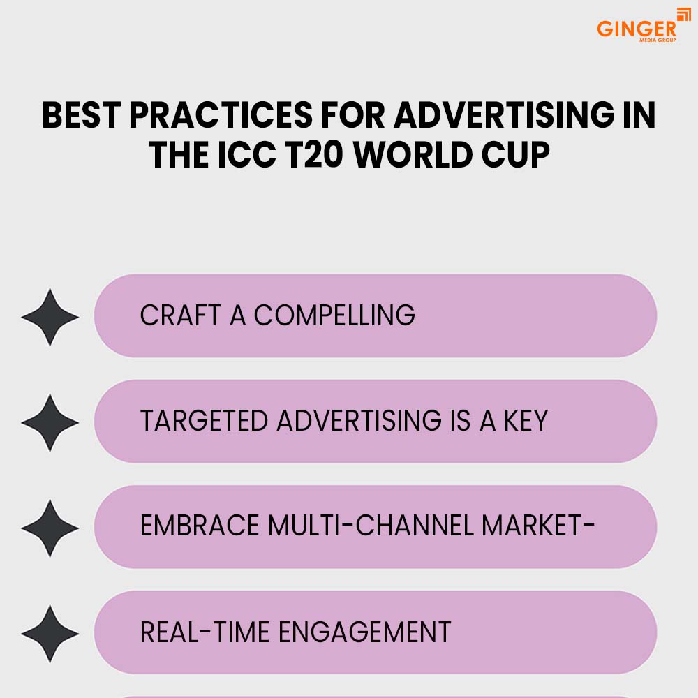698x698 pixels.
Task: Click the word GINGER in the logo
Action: [636, 29]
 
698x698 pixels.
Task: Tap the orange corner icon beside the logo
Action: [684, 14]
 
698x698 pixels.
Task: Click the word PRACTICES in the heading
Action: [221, 115]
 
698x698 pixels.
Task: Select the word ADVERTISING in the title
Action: [504, 115]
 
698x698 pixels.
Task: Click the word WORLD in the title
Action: [413, 155]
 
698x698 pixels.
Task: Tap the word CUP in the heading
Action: [516, 155]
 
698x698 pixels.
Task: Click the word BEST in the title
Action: [81, 115]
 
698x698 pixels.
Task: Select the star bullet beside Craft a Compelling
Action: [50, 317]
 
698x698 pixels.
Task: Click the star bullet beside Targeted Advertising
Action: [50, 422]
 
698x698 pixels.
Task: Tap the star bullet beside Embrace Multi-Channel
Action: [50, 528]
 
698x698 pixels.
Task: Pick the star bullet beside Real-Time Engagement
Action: [50, 634]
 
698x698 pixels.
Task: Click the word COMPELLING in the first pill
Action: [334, 315]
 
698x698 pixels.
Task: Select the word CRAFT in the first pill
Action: [180, 315]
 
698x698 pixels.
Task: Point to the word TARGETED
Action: [204, 421]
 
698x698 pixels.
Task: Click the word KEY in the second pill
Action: [526, 421]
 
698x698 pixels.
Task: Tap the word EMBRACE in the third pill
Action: [200, 526]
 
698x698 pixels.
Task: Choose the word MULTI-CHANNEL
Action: [371, 526]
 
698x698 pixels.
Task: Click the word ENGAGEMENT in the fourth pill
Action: [365, 632]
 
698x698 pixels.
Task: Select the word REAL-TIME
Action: [205, 632]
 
